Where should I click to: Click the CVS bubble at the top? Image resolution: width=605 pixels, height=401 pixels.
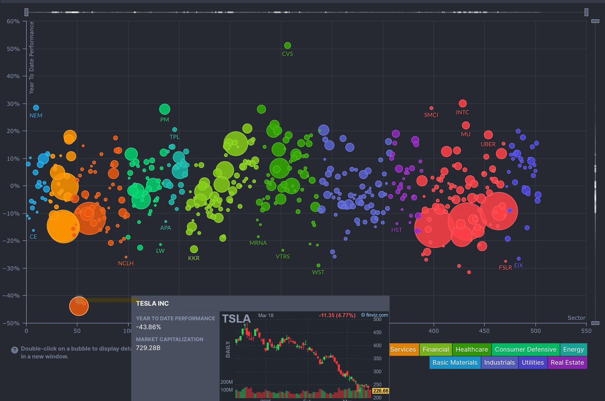(x=287, y=45)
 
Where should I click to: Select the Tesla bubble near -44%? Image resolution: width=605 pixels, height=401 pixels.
(x=78, y=305)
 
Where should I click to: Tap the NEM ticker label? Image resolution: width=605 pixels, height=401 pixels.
(x=36, y=116)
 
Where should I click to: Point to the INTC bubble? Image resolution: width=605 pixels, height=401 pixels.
(x=463, y=103)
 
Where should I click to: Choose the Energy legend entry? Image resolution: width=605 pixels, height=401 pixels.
(x=573, y=349)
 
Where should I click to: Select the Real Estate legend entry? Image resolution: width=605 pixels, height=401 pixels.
(x=567, y=362)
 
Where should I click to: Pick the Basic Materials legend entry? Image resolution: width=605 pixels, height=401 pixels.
(x=455, y=362)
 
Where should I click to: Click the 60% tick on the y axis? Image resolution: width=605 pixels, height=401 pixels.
(x=13, y=22)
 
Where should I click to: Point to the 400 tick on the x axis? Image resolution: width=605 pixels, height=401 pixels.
(x=434, y=331)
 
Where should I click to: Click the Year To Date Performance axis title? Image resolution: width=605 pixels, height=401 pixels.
(x=32, y=57)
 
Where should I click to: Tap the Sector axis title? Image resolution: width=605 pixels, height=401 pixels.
(x=576, y=318)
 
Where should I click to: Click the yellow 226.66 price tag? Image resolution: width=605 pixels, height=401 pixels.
(x=380, y=390)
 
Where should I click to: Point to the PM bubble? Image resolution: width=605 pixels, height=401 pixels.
(x=165, y=109)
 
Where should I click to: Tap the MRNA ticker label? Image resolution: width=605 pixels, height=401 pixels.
(x=258, y=243)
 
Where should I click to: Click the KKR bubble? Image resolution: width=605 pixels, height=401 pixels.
(x=194, y=249)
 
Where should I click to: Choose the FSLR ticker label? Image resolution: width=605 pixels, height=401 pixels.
(x=505, y=268)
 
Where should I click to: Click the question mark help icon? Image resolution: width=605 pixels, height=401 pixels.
(x=15, y=350)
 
